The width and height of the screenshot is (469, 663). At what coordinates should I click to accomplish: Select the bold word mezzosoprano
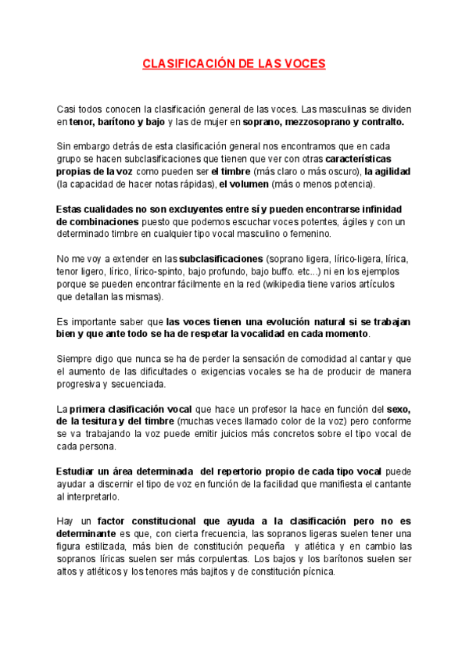coord(307,123)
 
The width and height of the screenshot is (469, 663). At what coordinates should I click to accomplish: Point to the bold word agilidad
coord(387,171)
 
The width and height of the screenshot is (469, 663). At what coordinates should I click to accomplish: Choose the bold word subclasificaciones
coord(221,259)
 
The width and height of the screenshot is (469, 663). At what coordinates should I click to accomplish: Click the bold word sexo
coord(398,409)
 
